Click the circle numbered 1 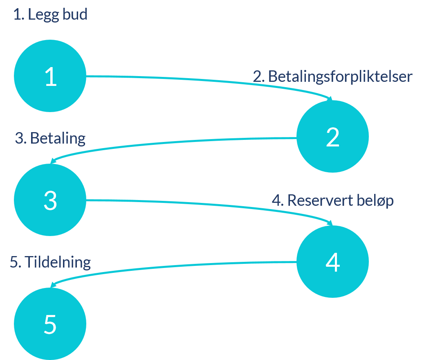[50, 76]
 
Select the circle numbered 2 [332, 137]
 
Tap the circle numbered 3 [50, 200]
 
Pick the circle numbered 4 [332, 261]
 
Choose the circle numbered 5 [50, 324]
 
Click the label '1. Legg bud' [50, 15]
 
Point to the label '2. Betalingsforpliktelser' [332, 76]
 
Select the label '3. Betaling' [50, 138]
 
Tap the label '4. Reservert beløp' [332, 200]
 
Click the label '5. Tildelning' [50, 262]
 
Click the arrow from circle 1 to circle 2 [204, 81]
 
